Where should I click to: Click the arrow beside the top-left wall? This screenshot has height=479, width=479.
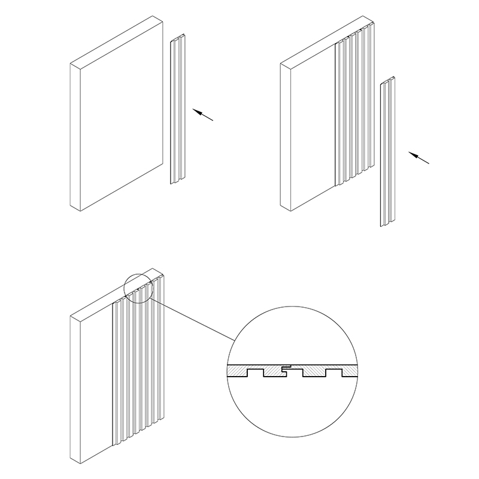(x=203, y=114)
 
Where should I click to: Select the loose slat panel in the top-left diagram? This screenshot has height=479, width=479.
(x=177, y=111)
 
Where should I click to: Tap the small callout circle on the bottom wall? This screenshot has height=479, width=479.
(x=138, y=288)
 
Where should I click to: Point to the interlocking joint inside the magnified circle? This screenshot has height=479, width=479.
(x=286, y=369)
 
